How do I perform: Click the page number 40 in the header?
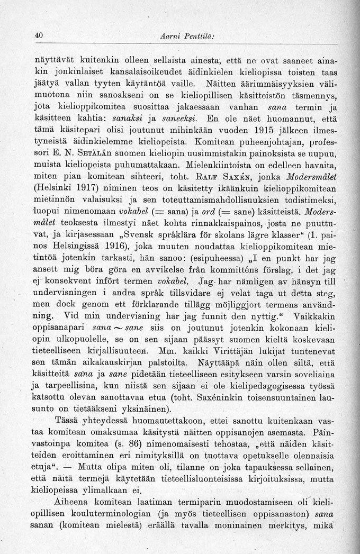(x=37, y=35)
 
